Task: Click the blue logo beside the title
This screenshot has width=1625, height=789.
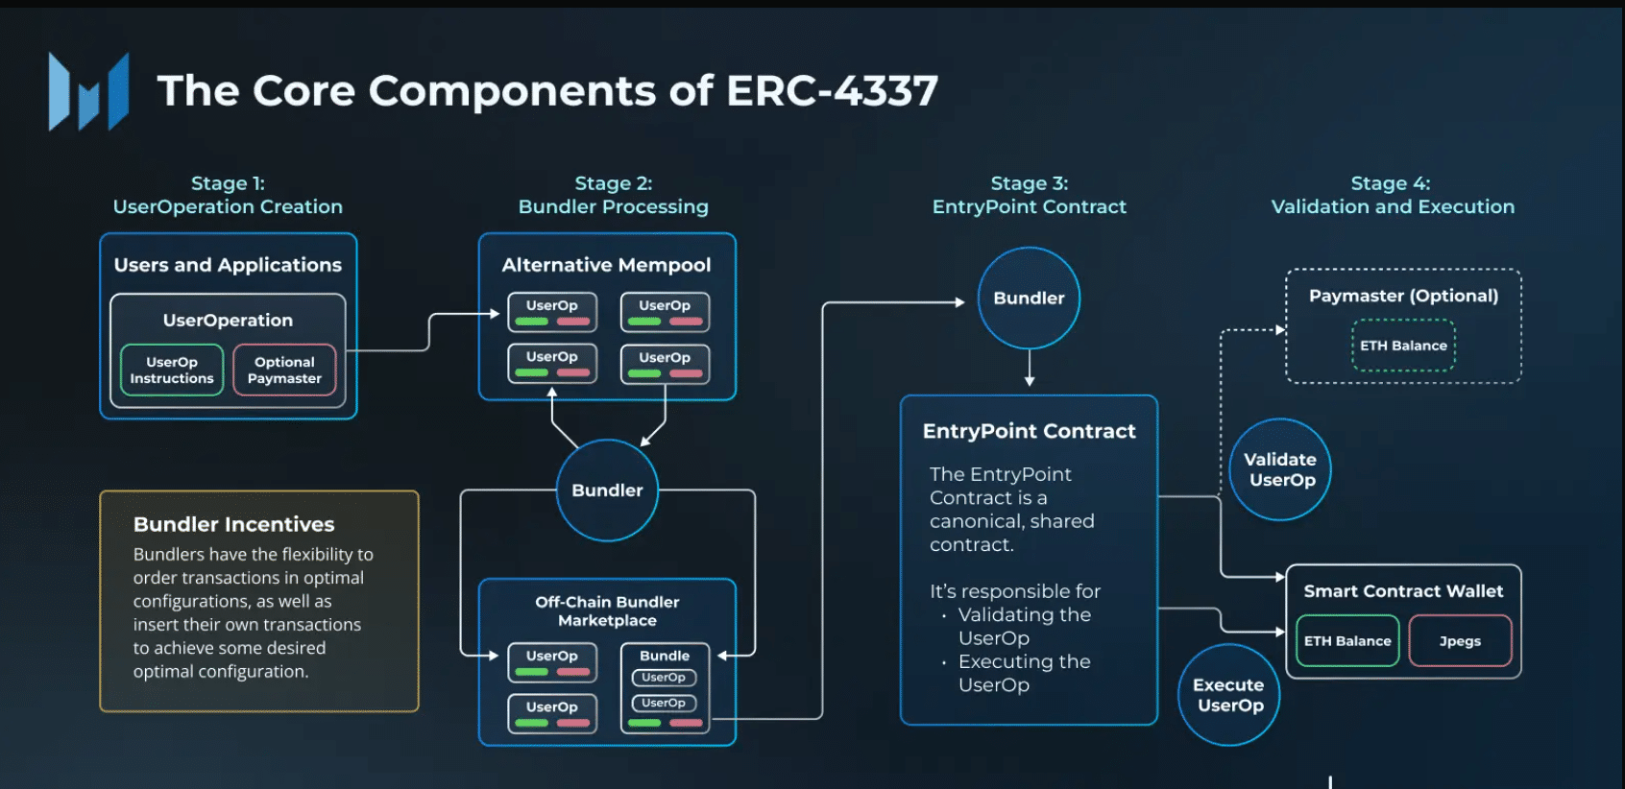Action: pyautogui.click(x=88, y=92)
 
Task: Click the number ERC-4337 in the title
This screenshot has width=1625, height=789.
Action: pyautogui.click(x=832, y=91)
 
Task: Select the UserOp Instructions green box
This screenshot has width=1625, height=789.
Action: pyautogui.click(x=172, y=371)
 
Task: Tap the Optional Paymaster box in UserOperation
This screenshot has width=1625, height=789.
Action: pyautogui.click(x=284, y=371)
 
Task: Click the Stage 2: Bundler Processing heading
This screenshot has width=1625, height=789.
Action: pyautogui.click(x=613, y=195)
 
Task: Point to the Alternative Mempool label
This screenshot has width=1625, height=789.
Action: pyautogui.click(x=606, y=265)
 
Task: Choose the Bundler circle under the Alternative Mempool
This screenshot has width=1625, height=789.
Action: pyautogui.click(x=607, y=490)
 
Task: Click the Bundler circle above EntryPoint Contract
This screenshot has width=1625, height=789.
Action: pyautogui.click(x=1029, y=299)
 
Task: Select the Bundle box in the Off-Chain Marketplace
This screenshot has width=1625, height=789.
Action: pyautogui.click(x=665, y=688)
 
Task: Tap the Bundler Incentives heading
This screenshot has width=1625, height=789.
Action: pyautogui.click(x=233, y=524)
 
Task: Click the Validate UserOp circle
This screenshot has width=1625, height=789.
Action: pyautogui.click(x=1279, y=469)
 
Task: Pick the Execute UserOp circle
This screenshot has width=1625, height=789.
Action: pyautogui.click(x=1228, y=695)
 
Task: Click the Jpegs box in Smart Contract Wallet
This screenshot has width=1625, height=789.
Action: pyautogui.click(x=1460, y=641)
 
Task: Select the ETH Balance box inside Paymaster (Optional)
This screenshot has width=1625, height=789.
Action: pyautogui.click(x=1403, y=346)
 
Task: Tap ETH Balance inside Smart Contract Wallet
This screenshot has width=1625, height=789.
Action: pyautogui.click(x=1347, y=641)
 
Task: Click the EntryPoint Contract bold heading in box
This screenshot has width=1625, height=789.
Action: pyautogui.click(x=1029, y=431)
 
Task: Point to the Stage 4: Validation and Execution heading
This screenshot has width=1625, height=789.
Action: pyautogui.click(x=1392, y=195)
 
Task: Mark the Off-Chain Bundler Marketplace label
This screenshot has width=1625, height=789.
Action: pyautogui.click(x=607, y=611)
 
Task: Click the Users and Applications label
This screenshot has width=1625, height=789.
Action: pyautogui.click(x=228, y=265)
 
